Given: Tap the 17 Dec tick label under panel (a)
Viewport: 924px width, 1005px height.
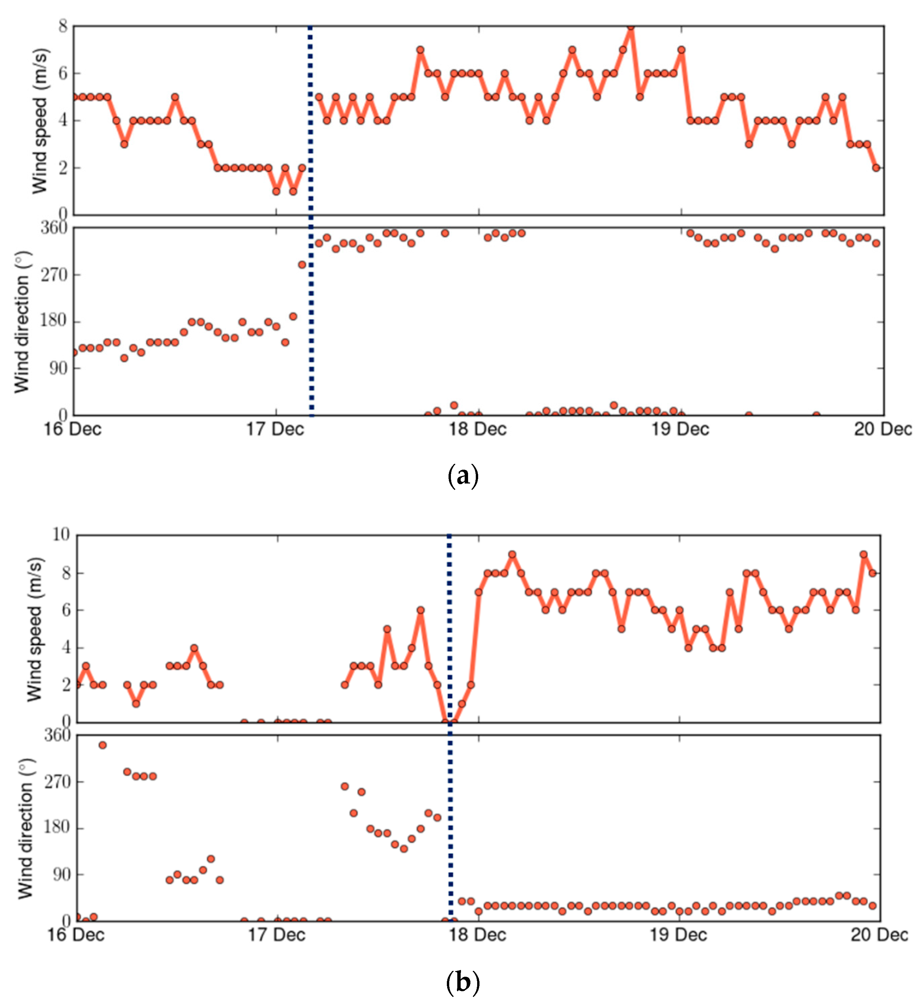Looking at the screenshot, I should tap(276, 429).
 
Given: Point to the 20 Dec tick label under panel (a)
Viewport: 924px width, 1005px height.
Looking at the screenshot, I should tap(883, 429).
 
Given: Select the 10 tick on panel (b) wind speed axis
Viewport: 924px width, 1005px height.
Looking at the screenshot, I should tap(61, 535).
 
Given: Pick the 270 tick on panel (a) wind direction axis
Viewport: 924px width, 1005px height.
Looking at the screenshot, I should tap(54, 275).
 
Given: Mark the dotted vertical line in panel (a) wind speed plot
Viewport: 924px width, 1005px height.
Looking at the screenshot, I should tap(311, 120).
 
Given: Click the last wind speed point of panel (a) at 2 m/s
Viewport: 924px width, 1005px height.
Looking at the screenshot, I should tap(876, 168).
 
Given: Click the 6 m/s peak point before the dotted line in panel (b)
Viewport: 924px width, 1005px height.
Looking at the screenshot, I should tap(421, 610).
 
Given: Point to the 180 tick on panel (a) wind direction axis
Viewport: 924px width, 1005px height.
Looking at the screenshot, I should tap(54, 321).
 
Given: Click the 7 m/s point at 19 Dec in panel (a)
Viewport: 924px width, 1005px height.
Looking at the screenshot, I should tap(681, 50).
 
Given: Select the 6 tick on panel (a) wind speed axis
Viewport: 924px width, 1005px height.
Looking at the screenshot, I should tap(63, 73).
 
